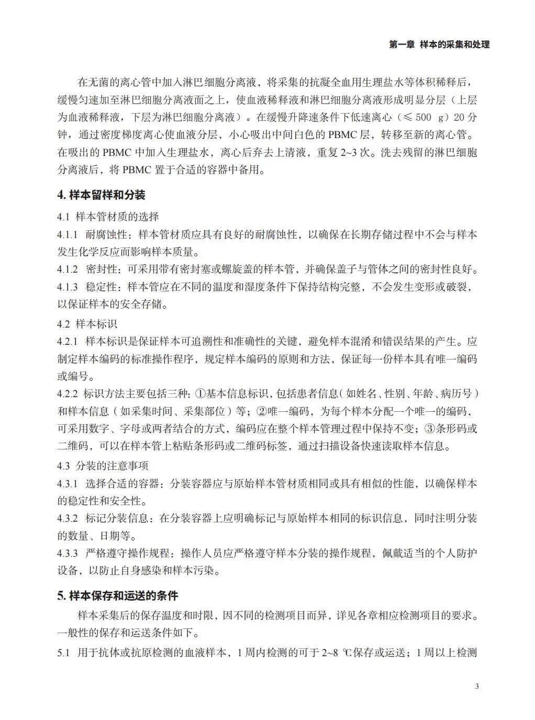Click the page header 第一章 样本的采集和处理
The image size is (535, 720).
(x=439, y=45)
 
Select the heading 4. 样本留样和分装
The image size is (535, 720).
(x=101, y=195)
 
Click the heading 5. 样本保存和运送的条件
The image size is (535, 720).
(x=118, y=595)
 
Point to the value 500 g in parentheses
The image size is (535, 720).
(x=430, y=116)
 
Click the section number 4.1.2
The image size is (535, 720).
(x=68, y=269)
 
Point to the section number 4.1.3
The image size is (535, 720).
(x=68, y=287)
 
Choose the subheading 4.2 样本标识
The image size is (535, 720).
(x=87, y=324)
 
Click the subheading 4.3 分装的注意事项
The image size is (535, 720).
(x=103, y=465)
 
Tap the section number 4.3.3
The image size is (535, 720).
(x=68, y=553)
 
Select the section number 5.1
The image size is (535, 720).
(x=63, y=652)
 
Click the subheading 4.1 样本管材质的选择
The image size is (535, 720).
(x=108, y=216)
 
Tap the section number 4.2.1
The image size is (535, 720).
(x=68, y=342)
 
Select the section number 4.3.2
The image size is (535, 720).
(x=68, y=519)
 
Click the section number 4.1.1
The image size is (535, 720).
(x=68, y=234)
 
